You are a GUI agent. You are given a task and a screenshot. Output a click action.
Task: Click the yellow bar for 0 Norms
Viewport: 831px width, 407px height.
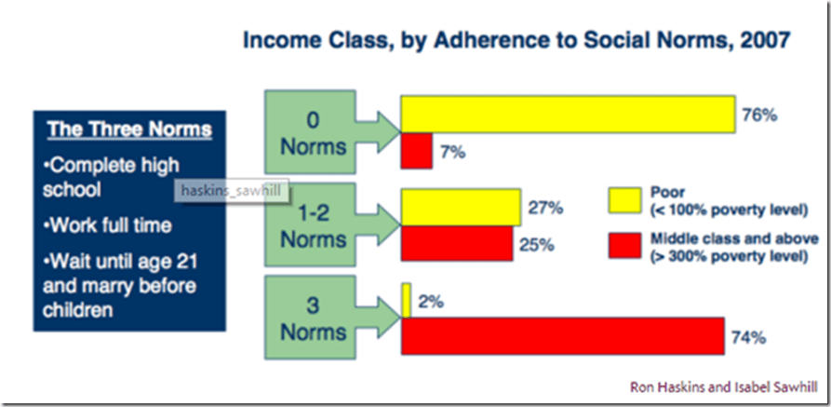568,114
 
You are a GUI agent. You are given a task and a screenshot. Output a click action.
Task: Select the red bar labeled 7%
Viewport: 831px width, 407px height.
417,151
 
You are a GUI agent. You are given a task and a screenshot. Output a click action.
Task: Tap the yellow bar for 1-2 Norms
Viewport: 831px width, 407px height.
461,207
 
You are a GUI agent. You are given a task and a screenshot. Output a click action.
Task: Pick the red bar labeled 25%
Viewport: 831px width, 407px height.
457,243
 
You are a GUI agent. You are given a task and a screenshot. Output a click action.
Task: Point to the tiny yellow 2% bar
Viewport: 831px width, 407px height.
406,301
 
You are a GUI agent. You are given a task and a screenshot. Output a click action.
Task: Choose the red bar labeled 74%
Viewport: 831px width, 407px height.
563,336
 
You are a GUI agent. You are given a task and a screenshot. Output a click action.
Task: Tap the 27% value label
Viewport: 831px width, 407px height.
544,208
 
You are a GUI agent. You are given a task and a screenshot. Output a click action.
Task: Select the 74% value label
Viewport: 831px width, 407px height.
748,337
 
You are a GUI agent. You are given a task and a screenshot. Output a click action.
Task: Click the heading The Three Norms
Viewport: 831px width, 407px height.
130,130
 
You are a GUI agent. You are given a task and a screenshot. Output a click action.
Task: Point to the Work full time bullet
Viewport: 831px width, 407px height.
108,226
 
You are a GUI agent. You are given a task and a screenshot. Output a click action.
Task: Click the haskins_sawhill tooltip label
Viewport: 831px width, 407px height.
232,191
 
